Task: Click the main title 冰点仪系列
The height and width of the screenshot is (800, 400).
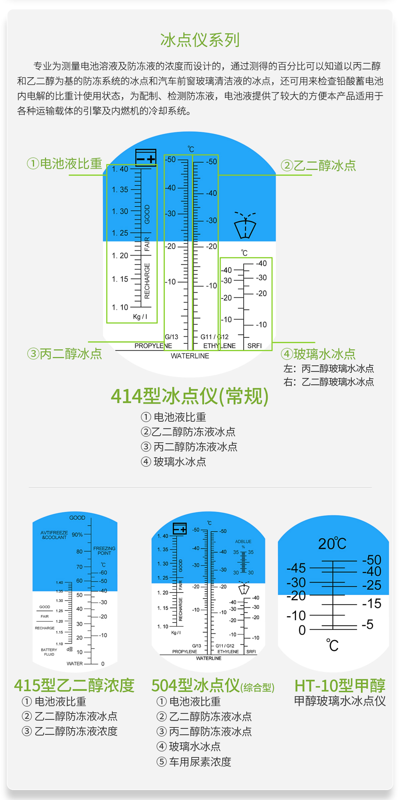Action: pos(200,40)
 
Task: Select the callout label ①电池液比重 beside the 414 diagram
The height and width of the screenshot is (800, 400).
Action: pos(65,164)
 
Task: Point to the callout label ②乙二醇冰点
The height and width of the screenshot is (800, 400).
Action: pos(318,165)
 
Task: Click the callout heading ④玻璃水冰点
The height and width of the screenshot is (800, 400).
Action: pos(318,354)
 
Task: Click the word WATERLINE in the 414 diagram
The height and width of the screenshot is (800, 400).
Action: pos(190,356)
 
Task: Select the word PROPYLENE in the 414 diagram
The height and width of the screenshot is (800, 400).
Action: pos(153,346)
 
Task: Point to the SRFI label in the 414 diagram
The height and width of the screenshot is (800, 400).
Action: pos(254,346)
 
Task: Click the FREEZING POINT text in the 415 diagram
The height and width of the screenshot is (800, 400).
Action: pos(104,551)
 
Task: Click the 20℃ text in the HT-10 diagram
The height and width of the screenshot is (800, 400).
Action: pos(332,544)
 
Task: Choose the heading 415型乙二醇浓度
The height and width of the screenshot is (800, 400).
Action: pos(74,685)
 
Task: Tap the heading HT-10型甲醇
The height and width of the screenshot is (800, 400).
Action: pos(340,685)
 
